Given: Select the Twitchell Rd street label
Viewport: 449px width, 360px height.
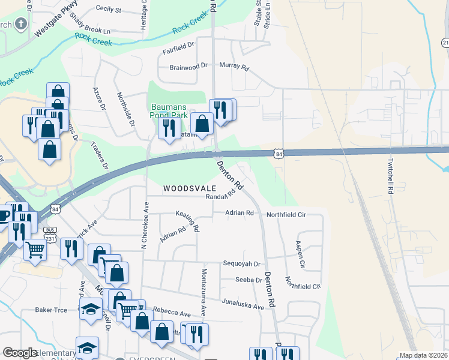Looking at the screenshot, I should point(390,176).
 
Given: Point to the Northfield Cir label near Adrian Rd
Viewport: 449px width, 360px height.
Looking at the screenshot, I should point(286,214).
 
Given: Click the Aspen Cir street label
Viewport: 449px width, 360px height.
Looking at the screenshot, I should point(300,254).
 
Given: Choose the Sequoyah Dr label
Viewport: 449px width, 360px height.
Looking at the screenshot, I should point(241,263).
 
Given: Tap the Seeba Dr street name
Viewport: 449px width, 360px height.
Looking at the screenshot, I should point(249,280).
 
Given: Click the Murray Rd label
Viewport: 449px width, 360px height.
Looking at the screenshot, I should point(234,66).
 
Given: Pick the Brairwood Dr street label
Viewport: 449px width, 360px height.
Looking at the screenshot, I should point(188,66).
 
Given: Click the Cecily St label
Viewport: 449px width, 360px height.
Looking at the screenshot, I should point(108,10).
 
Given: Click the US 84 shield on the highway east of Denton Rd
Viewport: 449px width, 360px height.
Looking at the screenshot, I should point(278,154).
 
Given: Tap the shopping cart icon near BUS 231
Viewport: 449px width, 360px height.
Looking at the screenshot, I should point(35,248).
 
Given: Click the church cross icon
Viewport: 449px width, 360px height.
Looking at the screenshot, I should point(22,25).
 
